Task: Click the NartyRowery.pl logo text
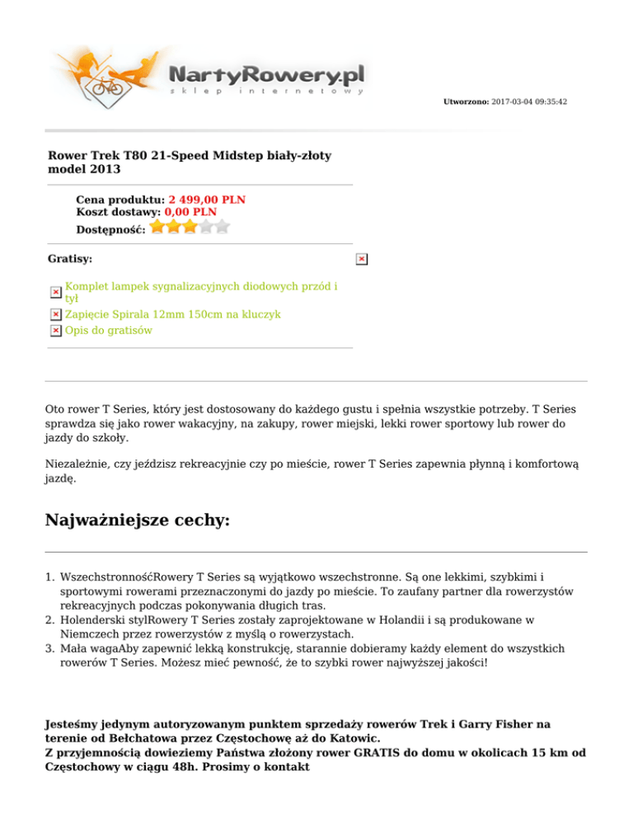266,75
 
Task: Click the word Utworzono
466,101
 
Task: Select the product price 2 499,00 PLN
207,200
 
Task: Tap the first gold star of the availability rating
158,227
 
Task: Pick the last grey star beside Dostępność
222,227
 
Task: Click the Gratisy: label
70,259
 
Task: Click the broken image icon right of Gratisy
361,260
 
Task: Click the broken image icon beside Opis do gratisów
55,330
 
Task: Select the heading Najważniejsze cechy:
137,521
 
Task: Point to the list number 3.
49,648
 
